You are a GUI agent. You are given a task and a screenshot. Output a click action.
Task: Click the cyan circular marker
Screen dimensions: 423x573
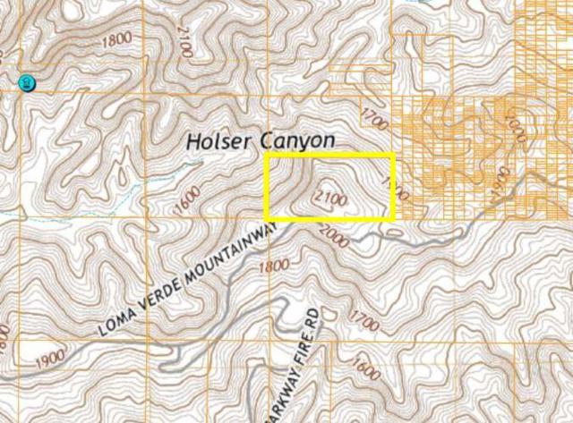coord(26,83)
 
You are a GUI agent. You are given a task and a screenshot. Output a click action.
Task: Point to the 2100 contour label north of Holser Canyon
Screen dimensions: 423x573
coord(184,42)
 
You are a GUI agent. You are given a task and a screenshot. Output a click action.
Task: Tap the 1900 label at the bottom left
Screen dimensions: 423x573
coord(51,359)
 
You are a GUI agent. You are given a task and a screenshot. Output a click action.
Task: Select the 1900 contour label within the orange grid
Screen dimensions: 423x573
coord(500,182)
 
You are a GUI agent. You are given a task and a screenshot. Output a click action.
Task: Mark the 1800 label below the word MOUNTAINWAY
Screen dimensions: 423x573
coord(273,265)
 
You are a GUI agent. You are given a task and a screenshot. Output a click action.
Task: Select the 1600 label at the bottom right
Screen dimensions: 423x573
coord(366,368)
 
